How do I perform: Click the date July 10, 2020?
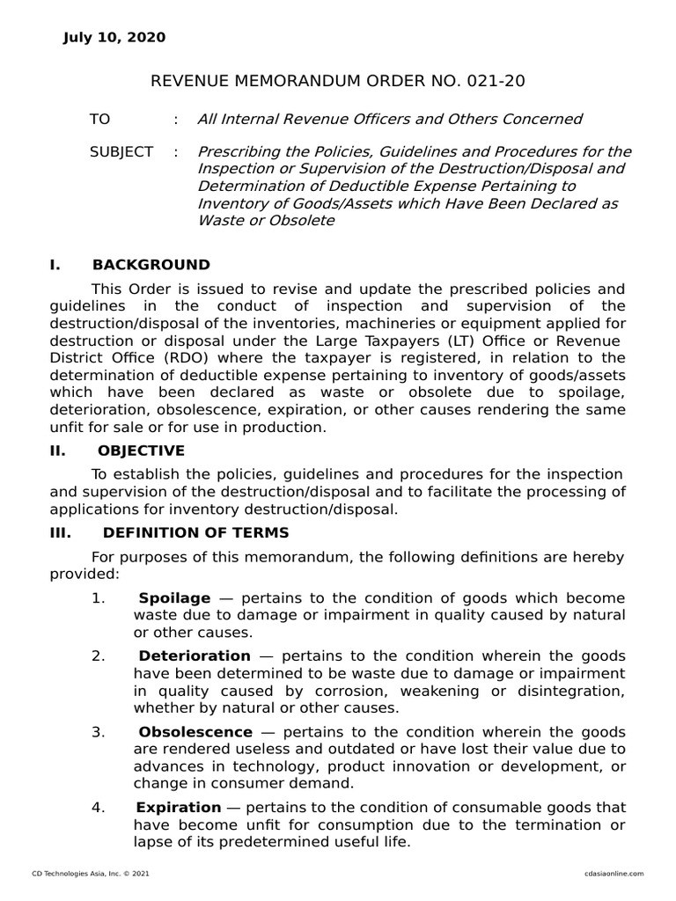pyautogui.click(x=114, y=37)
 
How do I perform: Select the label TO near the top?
pyautogui.click(x=99, y=119)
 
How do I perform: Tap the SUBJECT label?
pyautogui.click(x=121, y=152)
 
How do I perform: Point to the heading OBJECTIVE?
pyautogui.click(x=141, y=451)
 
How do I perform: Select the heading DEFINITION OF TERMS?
pyautogui.click(x=195, y=533)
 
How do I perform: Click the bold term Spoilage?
pyautogui.click(x=174, y=598)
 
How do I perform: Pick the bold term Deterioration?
pyautogui.click(x=195, y=656)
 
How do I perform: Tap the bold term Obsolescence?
pyautogui.click(x=195, y=732)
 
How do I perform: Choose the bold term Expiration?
pyautogui.click(x=179, y=808)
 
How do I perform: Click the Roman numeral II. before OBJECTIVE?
pyautogui.click(x=58, y=451)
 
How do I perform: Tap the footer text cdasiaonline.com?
pyautogui.click(x=614, y=873)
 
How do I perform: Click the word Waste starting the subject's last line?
pyautogui.click(x=221, y=220)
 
